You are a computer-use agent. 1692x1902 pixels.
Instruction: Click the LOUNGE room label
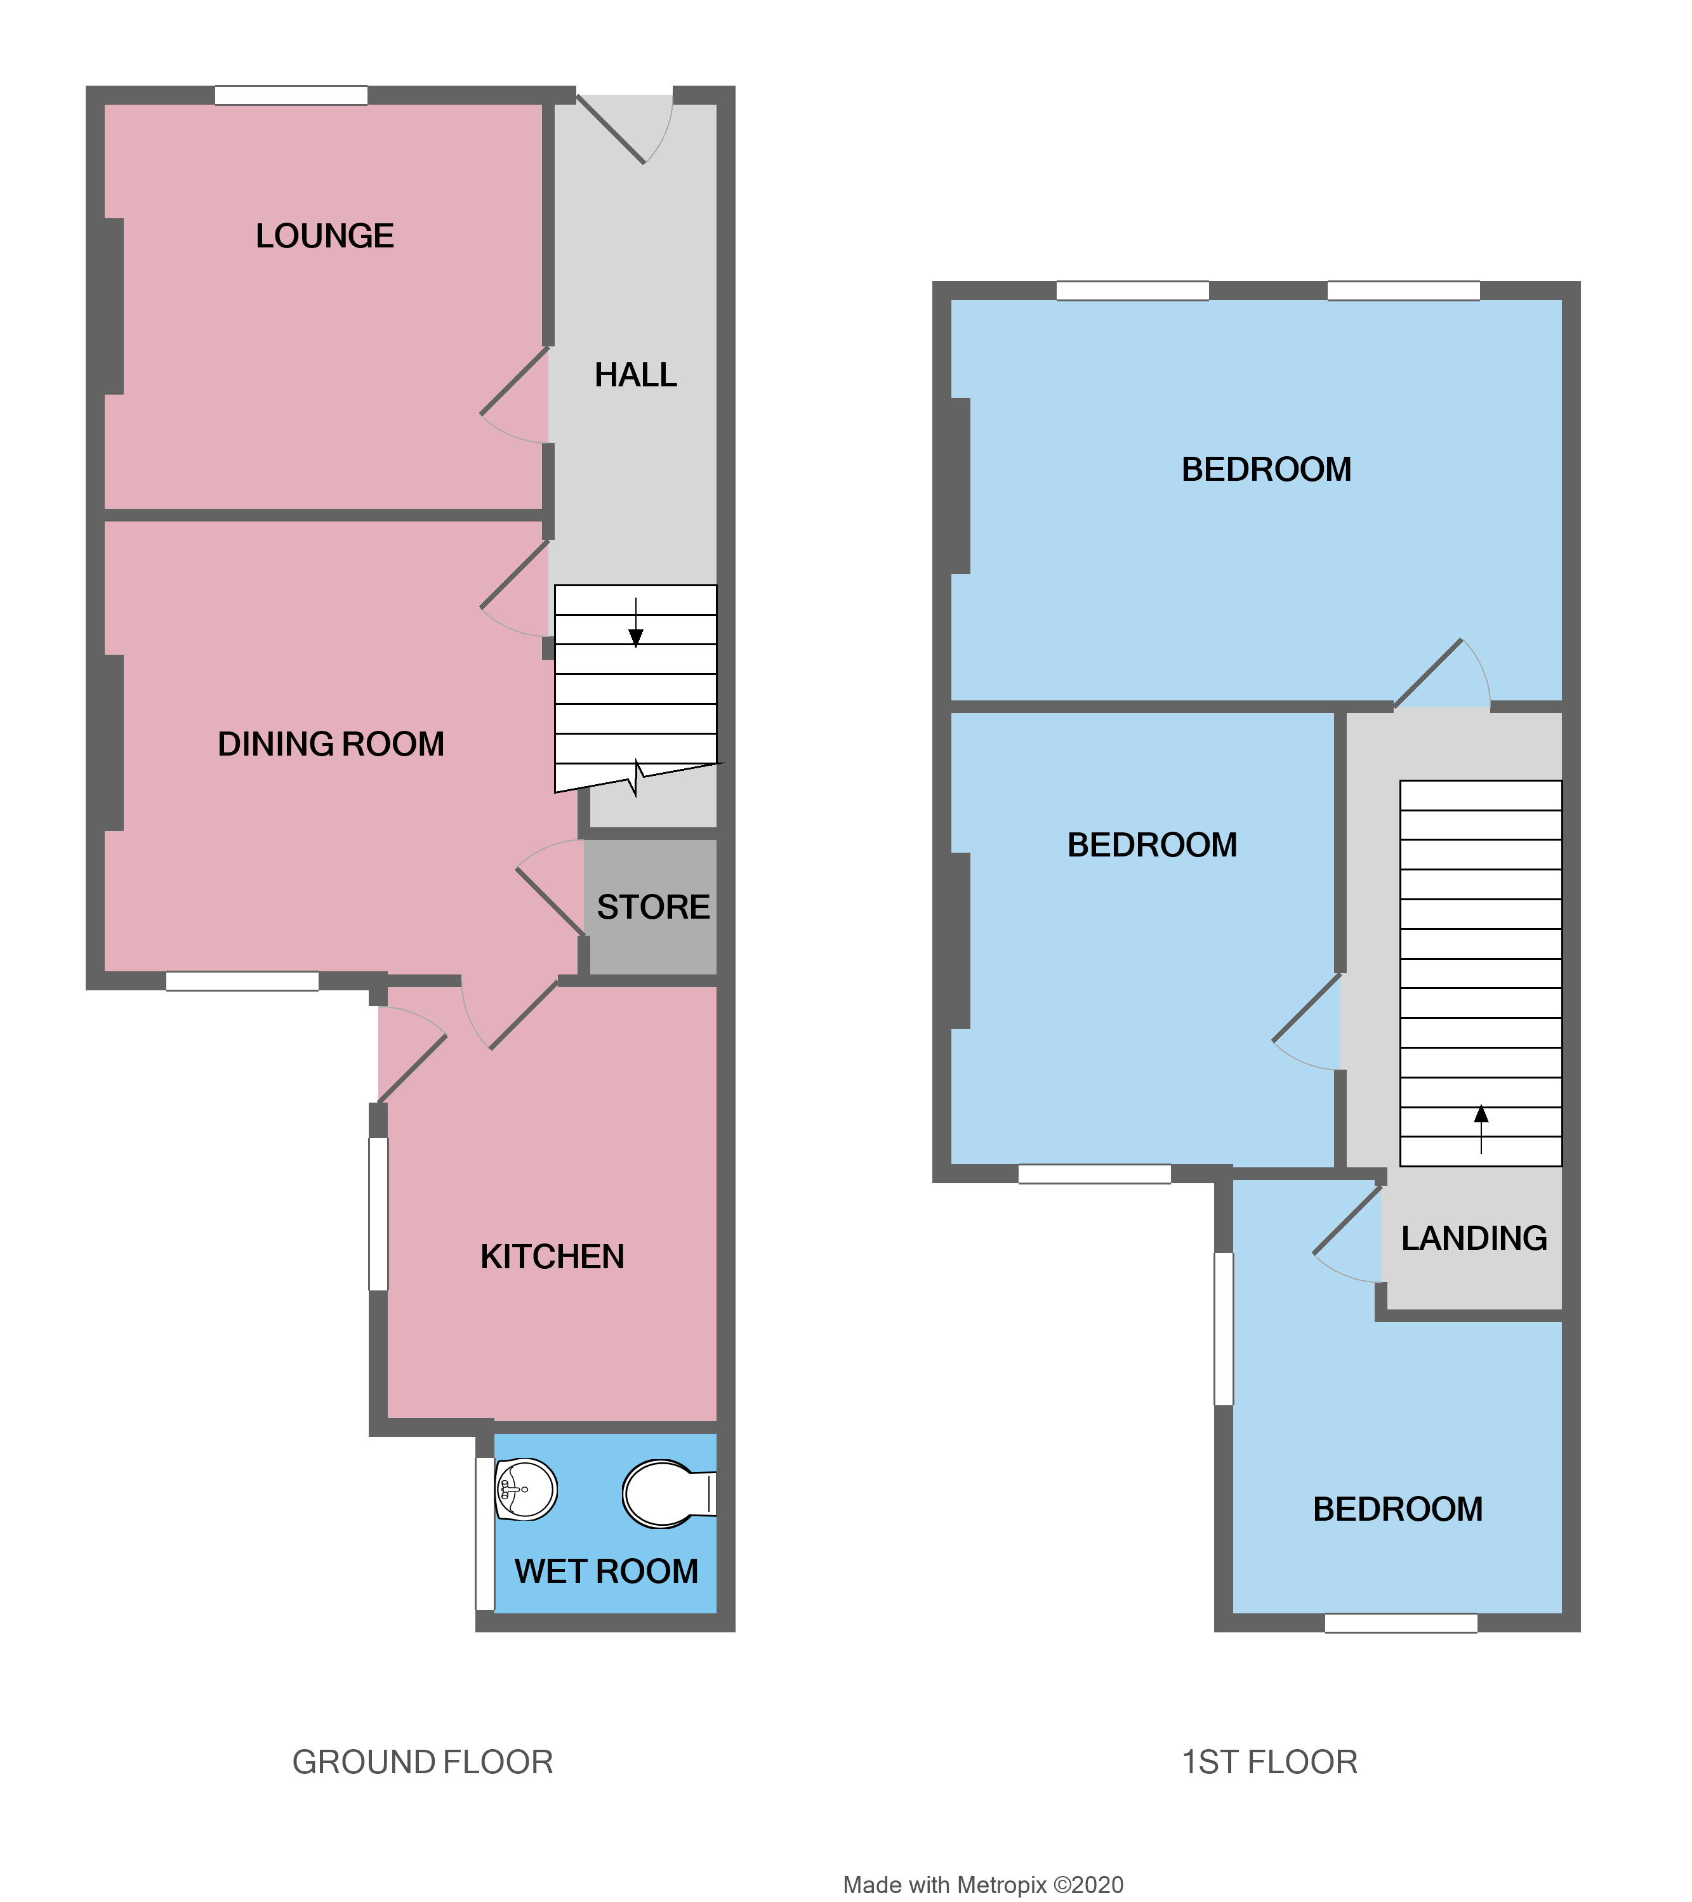(x=325, y=237)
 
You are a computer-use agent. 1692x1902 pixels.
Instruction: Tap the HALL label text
(x=636, y=375)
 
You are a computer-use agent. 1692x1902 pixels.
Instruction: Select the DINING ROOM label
(x=331, y=744)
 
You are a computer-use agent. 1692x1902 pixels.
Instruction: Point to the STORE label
(x=653, y=907)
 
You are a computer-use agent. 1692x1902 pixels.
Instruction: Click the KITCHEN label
(x=552, y=1257)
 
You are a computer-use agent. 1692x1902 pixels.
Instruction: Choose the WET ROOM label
(x=606, y=1571)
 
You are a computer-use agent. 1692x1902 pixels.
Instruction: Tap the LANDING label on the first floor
(x=1474, y=1238)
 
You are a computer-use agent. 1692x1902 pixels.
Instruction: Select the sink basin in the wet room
(x=526, y=1490)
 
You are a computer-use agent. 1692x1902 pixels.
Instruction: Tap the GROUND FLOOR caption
(x=423, y=1762)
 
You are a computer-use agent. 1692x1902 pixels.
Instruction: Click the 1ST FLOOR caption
(x=1269, y=1762)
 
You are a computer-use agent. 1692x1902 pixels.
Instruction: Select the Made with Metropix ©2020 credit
(x=983, y=1886)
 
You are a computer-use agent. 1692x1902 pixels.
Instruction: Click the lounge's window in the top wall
(x=291, y=95)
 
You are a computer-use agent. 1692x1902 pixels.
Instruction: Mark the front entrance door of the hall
(x=612, y=130)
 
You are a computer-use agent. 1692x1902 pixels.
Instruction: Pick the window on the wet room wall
(x=485, y=1533)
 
